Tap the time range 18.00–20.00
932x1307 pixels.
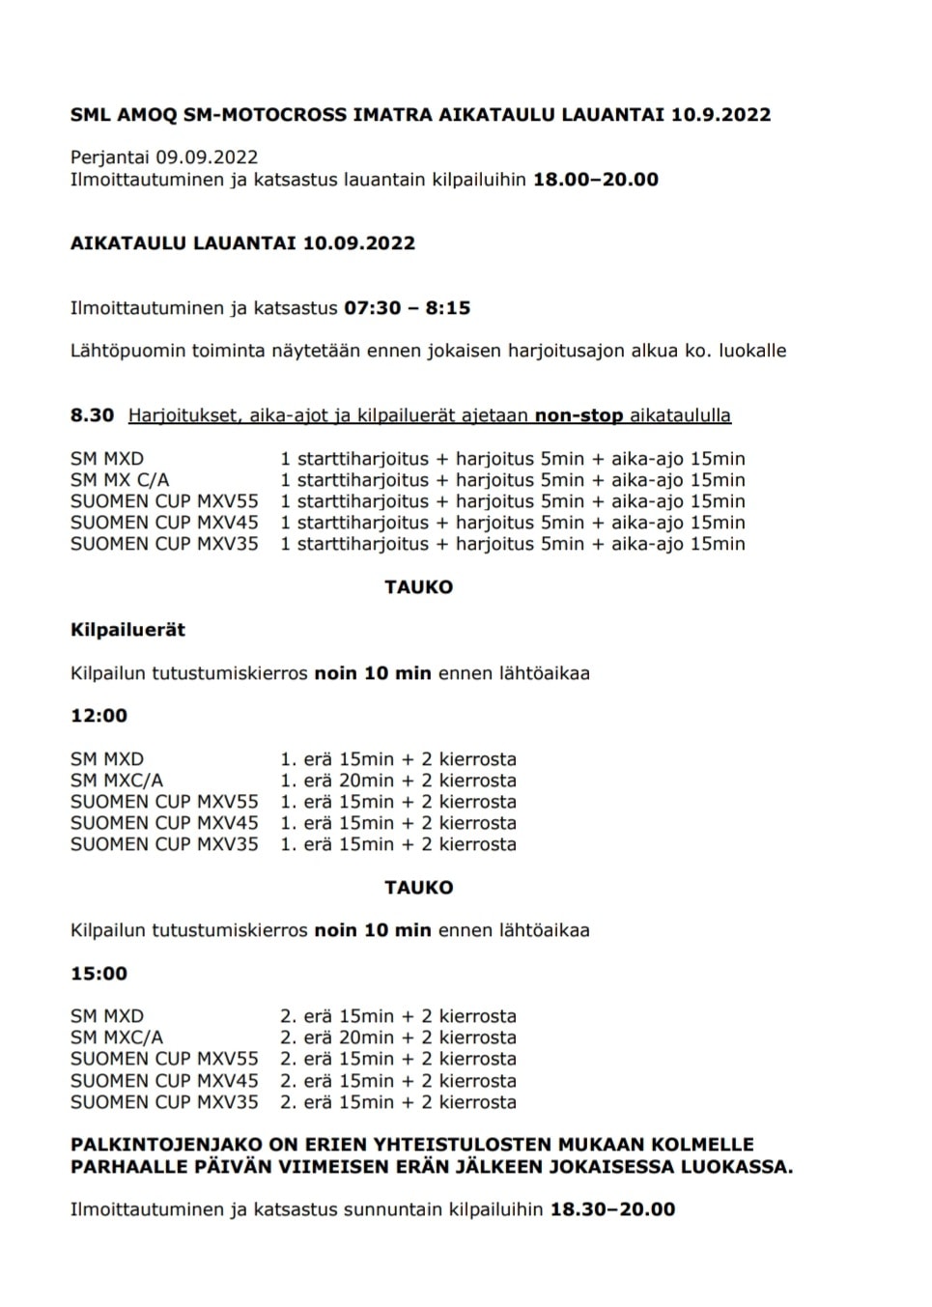pyautogui.click(x=595, y=179)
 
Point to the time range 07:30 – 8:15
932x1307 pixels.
pyautogui.click(x=407, y=308)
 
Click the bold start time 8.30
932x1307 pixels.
pyautogui.click(x=92, y=415)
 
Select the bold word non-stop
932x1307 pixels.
pyautogui.click(x=579, y=415)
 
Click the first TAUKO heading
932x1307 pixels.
pyautogui.click(x=418, y=586)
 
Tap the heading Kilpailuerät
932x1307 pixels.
pyautogui.click(x=127, y=630)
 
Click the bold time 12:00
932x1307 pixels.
pyautogui.click(x=99, y=716)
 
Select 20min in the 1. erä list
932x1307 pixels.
pyautogui.click(x=366, y=781)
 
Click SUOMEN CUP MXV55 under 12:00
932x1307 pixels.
pyautogui.click(x=164, y=802)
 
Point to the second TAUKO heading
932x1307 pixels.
pyautogui.click(x=418, y=887)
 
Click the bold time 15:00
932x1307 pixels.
pyautogui.click(x=99, y=974)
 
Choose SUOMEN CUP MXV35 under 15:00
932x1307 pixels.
pyautogui.click(x=164, y=1102)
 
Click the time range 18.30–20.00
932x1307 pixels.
pyautogui.click(x=612, y=1209)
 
